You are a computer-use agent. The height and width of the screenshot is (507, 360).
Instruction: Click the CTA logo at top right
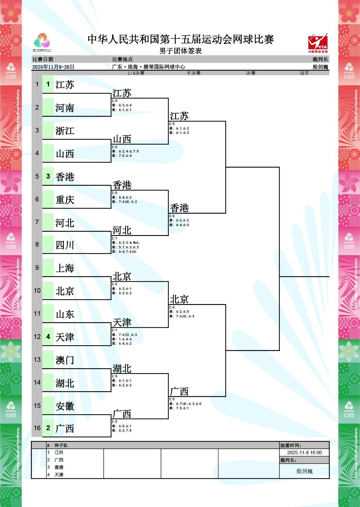[318, 43]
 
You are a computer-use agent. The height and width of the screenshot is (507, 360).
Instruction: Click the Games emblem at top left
[42, 42]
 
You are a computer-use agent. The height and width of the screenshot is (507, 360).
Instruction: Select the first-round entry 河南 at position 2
[65, 108]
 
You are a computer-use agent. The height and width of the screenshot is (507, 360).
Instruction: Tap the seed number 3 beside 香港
[48, 176]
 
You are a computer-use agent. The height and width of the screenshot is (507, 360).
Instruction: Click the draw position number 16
[37, 428]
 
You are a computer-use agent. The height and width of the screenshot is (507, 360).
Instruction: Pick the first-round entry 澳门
[65, 360]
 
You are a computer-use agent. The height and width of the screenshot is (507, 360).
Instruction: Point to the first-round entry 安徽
[65, 406]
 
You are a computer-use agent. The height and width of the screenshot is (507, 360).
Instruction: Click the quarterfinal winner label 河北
[122, 230]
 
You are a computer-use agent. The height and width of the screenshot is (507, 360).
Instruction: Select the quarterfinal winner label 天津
[122, 322]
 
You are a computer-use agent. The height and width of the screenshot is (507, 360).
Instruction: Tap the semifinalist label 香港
[179, 208]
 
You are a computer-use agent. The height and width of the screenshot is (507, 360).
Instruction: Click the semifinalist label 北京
[179, 299]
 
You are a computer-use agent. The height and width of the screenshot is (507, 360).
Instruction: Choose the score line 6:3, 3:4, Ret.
[129, 243]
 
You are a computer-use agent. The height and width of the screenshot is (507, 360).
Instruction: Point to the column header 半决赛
[194, 73]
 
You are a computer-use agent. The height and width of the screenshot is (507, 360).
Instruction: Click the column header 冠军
[304, 73]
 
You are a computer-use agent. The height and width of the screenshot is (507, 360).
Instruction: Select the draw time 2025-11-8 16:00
[304, 453]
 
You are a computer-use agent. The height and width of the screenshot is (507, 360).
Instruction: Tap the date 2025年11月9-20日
[53, 67]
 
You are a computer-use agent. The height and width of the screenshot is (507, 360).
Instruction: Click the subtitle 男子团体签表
[180, 51]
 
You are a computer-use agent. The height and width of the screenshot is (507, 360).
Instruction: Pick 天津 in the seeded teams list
[59, 475]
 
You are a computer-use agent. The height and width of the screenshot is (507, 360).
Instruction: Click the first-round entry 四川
[65, 245]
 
